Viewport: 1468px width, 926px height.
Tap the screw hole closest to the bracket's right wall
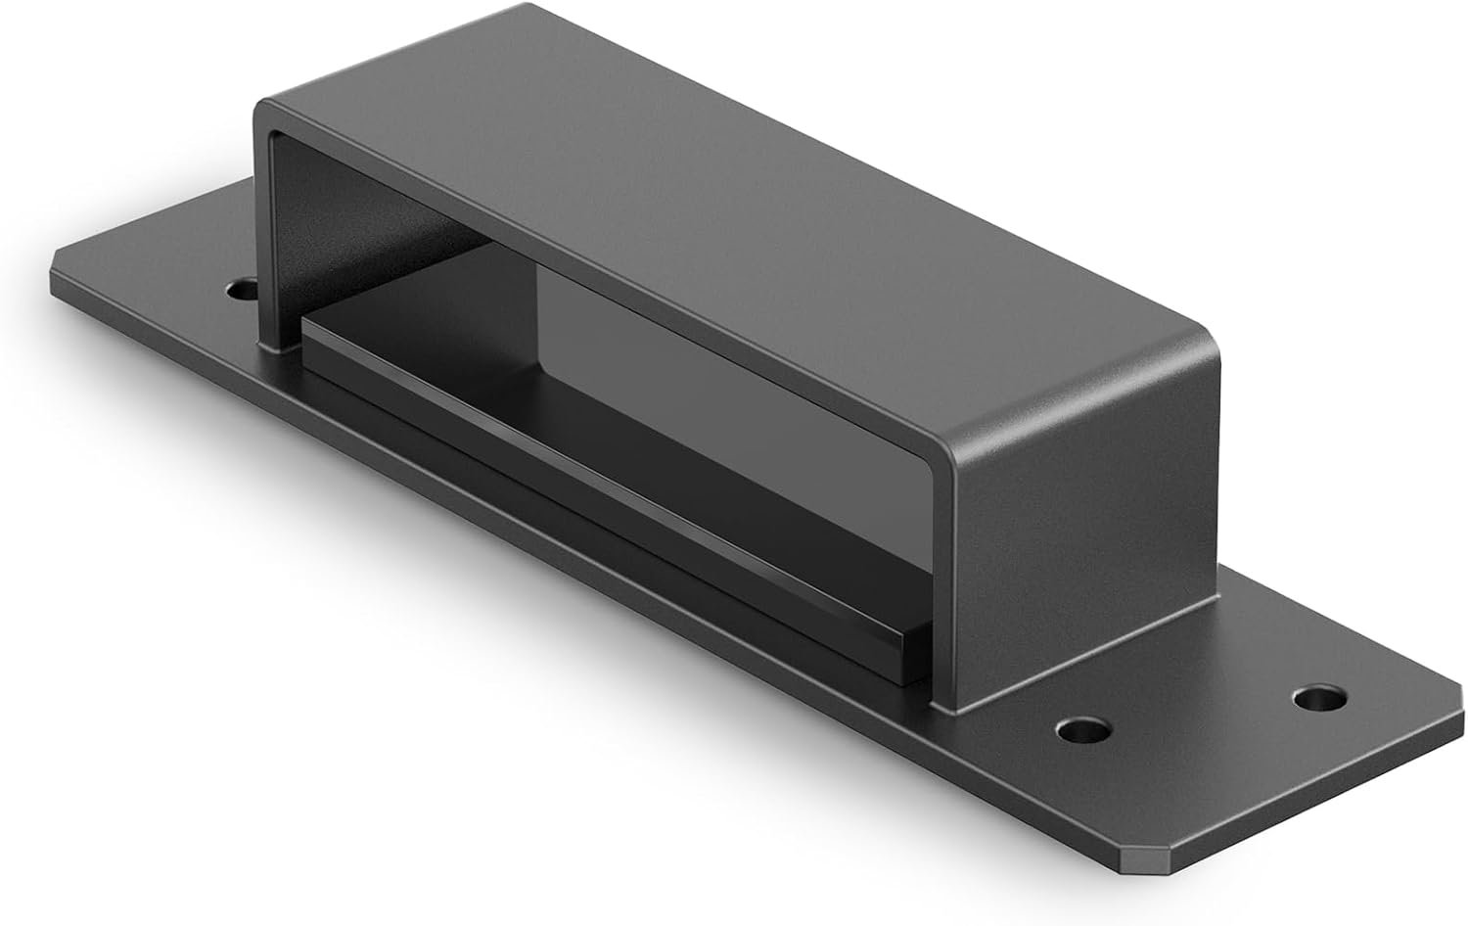pyautogui.click(x=1085, y=730)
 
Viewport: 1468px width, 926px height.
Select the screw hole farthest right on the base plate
pyautogui.click(x=1318, y=699)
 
